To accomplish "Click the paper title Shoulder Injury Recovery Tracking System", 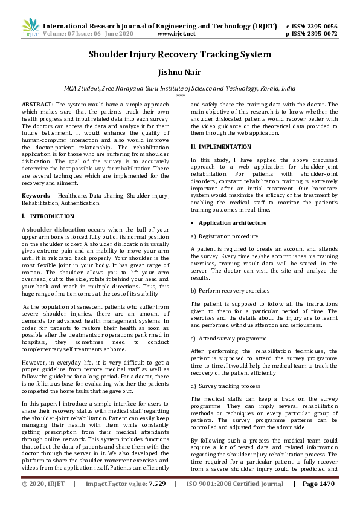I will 179,54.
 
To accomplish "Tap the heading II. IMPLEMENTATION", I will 220,147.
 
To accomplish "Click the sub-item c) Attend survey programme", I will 227,337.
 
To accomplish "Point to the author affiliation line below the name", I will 179,88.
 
